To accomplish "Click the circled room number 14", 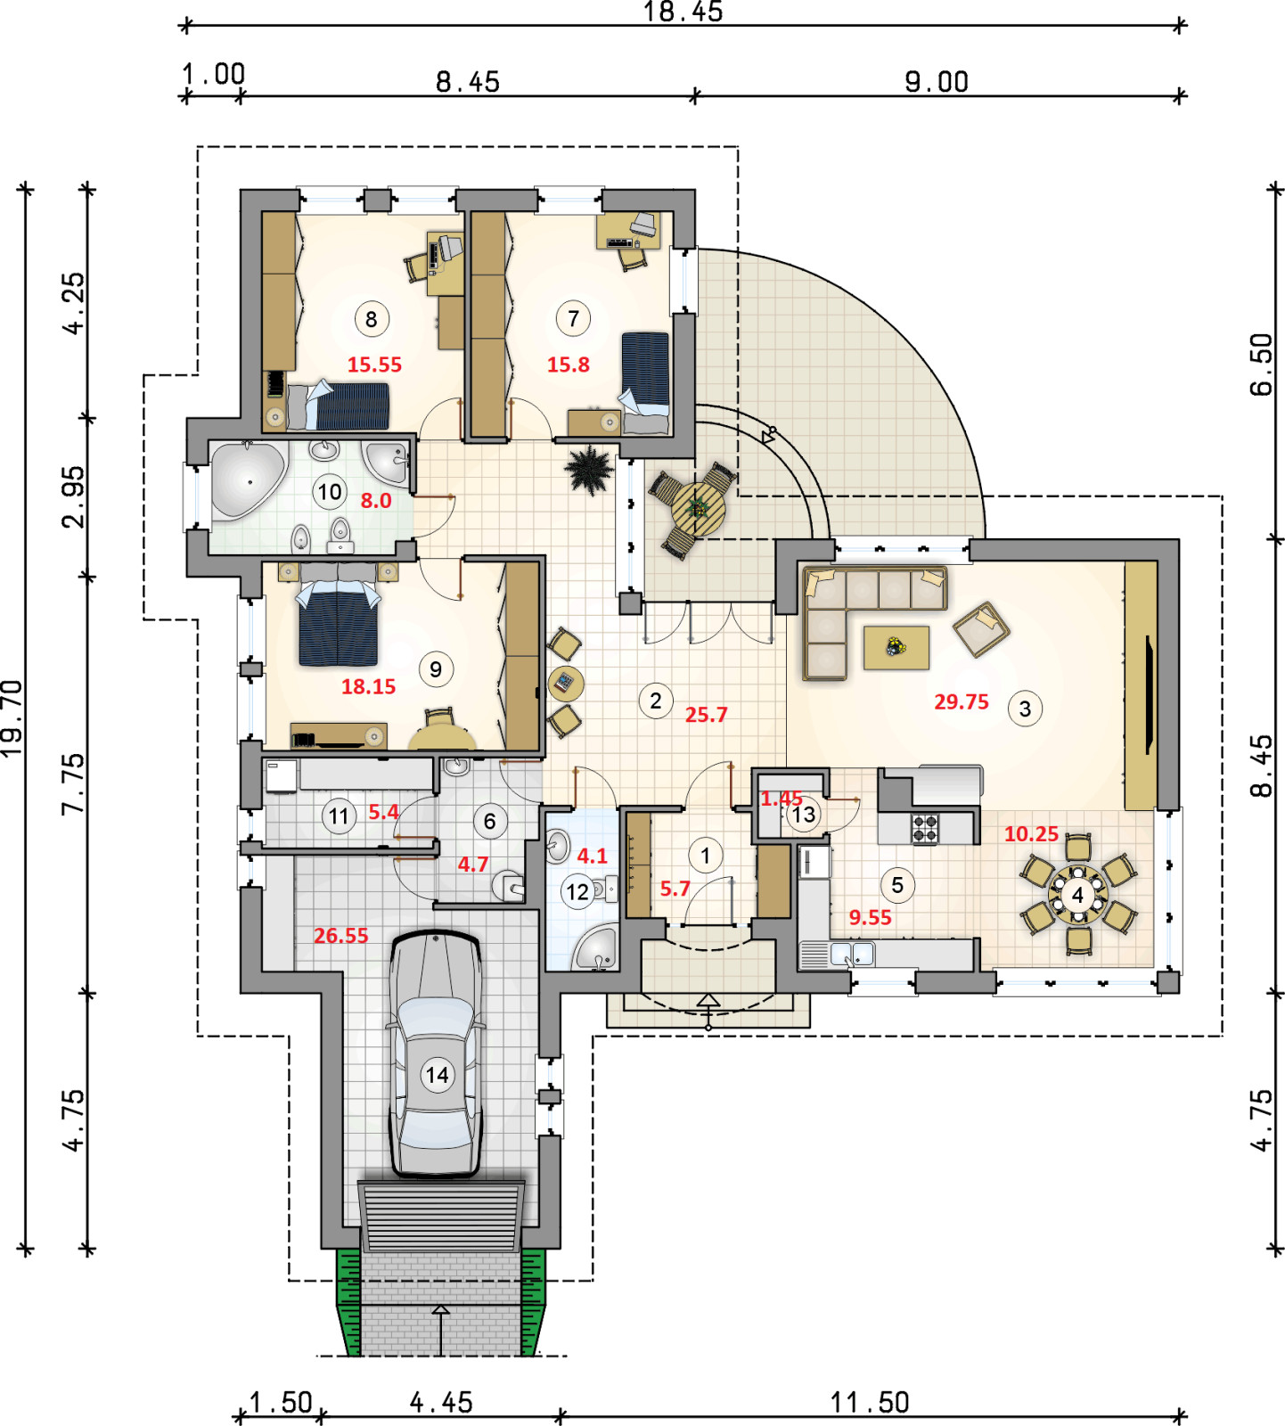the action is click(437, 1075).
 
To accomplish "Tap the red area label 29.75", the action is click(961, 701).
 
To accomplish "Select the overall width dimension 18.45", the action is click(683, 12).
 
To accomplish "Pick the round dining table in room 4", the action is click(1077, 895).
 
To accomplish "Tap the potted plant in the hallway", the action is click(588, 469).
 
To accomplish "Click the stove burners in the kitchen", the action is click(925, 829).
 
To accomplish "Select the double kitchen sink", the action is click(851, 955).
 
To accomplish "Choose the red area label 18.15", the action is click(368, 686).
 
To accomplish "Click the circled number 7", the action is click(573, 318).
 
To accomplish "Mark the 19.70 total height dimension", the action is click(12, 718).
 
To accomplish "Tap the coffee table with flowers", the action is click(896, 648).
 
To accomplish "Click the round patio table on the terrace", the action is click(699, 510).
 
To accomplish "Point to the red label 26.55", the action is click(340, 936).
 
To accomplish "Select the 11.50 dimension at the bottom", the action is click(870, 1403).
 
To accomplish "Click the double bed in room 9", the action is click(338, 621).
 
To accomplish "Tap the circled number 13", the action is click(803, 814).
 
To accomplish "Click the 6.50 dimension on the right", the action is click(1262, 364).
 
